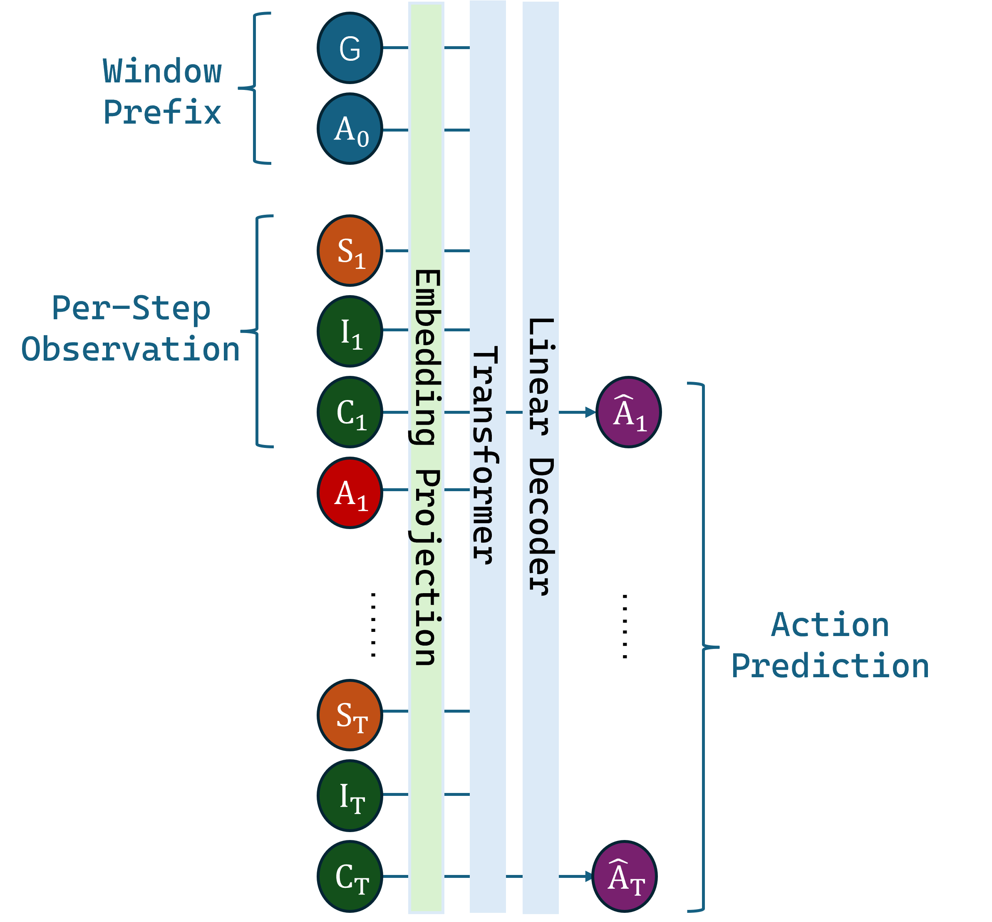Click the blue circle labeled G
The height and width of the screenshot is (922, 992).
350,48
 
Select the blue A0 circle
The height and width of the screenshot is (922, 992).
350,129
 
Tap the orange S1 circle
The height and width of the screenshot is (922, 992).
350,251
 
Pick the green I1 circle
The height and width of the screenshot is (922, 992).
350,331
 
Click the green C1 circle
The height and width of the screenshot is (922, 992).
350,412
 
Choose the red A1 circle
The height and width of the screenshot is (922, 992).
350,492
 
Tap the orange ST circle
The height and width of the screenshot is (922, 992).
350,715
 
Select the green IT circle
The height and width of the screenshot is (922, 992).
350,796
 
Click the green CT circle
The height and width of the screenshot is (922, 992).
350,877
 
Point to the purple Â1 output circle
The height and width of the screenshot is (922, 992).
628,412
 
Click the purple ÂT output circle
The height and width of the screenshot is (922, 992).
625,877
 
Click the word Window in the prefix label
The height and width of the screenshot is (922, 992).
162,71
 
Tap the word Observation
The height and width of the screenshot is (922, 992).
131,349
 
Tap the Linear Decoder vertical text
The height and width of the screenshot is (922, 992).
540,457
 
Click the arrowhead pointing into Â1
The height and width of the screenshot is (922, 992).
590,412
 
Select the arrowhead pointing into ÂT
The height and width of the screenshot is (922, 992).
588,876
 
